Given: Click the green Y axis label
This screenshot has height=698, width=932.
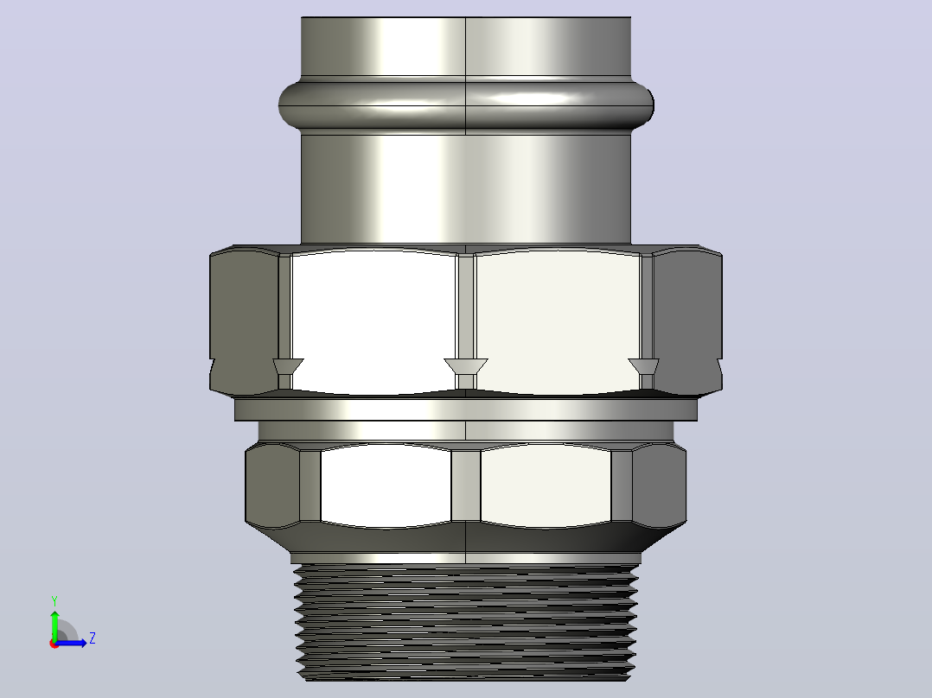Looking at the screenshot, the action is coord(54,601).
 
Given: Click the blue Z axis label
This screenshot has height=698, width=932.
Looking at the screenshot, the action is coord(93,638).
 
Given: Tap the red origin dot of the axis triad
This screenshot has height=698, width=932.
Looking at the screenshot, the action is coord(54,644).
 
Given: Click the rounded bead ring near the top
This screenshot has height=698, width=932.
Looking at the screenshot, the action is coord(466,105).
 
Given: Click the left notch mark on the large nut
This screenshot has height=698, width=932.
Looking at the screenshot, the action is coord(288,371).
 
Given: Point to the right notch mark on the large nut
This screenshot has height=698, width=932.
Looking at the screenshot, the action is coord(644,371).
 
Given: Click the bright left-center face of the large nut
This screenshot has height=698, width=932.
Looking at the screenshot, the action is coord(373,320).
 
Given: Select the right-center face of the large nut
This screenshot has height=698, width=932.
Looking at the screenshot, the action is coord(558,320).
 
